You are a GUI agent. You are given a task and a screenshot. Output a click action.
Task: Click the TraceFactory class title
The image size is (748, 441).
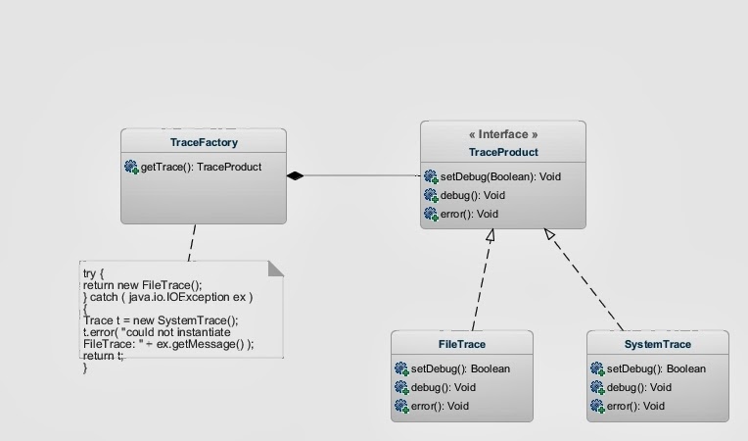click(x=204, y=143)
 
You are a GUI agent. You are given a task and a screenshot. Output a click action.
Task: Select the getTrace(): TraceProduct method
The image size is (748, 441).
click(x=201, y=168)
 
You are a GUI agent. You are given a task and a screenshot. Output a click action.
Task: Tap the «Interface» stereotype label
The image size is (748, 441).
click(x=503, y=134)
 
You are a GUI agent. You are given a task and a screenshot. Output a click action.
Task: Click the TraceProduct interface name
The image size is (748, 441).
click(x=503, y=152)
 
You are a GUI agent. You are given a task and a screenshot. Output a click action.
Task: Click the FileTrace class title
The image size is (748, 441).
click(x=462, y=345)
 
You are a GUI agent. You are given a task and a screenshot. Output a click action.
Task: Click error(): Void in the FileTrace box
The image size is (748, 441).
click(x=440, y=406)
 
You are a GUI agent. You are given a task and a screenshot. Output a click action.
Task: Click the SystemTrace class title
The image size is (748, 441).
click(x=658, y=345)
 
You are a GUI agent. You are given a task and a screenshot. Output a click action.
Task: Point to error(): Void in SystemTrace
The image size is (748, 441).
click(x=635, y=406)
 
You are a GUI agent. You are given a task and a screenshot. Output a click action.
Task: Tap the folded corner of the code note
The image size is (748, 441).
click(x=275, y=268)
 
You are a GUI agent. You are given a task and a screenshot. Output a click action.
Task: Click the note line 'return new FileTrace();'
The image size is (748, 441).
click(x=142, y=285)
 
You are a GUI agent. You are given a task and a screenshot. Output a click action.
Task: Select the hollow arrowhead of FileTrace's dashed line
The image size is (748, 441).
click(x=491, y=235)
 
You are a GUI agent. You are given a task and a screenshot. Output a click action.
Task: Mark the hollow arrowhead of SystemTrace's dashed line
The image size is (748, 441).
click(x=549, y=234)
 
